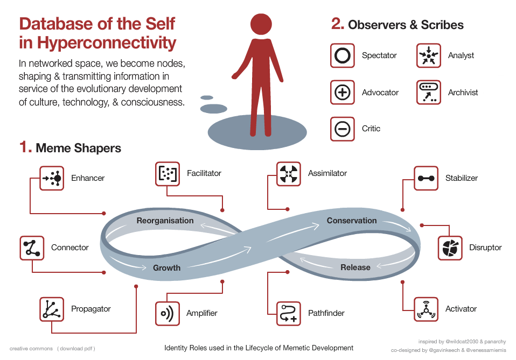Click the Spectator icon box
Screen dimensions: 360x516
coord(343,55)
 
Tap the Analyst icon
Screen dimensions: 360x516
coord(429,55)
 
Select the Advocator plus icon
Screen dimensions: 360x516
coord(343,92)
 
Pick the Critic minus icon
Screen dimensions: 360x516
coord(343,129)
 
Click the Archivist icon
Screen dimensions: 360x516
coord(429,92)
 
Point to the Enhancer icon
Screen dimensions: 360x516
coord(52,178)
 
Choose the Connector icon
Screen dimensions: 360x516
coord(32,248)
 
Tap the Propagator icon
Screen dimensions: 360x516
coord(52,309)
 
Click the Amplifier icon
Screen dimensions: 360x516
coord(168,313)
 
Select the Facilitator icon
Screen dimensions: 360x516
coord(168,173)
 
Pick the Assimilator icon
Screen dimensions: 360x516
coord(289,173)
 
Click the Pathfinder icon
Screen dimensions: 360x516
coord(289,313)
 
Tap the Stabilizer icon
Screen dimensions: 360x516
coord(426,178)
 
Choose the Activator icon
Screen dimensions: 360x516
coord(426,309)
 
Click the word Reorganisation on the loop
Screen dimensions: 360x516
coord(165,221)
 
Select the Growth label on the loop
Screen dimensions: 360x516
coord(166,267)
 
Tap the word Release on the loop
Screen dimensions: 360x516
coord(355,267)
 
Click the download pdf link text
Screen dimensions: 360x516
coord(76,349)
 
